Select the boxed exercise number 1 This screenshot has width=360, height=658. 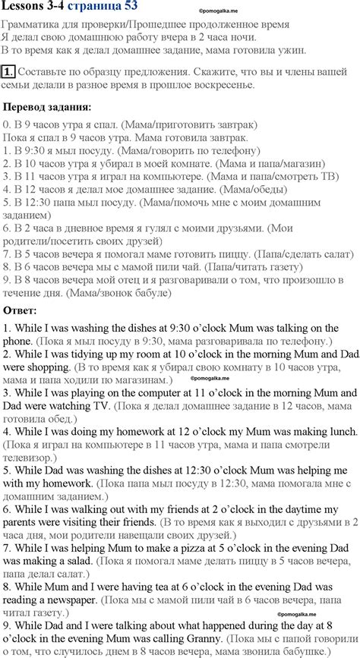[8, 73]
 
